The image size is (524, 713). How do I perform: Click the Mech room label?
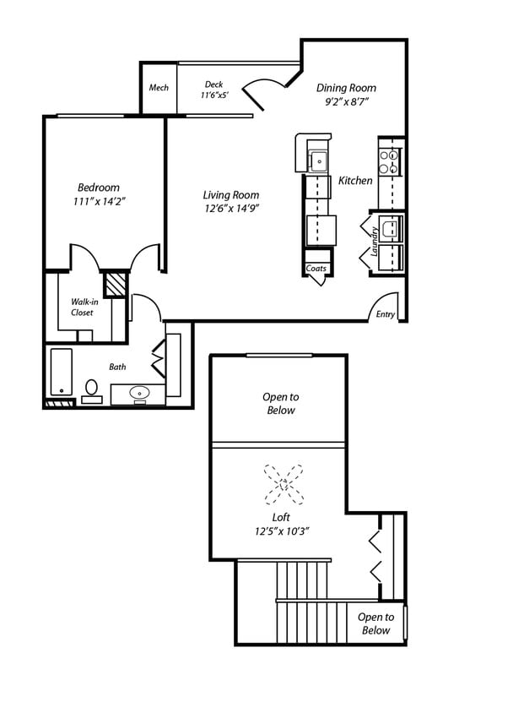coord(159,88)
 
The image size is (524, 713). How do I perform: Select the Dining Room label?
coord(346,88)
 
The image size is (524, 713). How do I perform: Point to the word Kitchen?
coord(355,181)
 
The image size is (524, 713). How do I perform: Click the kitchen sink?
coord(318,159)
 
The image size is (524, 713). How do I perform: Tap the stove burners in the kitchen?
coord(389,162)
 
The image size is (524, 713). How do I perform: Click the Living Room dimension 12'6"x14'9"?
coord(230,209)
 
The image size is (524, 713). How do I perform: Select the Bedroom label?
coord(99,188)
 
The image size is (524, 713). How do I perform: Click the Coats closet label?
coord(316,269)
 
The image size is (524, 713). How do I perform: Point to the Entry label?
coord(385,314)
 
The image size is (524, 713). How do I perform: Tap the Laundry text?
coord(374,241)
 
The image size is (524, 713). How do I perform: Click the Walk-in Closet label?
coord(82,307)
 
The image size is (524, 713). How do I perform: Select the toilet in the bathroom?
coord(91,389)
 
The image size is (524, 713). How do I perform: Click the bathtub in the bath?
coord(61,372)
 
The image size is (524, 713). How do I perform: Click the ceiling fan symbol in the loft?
coord(284,484)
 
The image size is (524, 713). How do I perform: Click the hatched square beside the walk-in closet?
coord(115,282)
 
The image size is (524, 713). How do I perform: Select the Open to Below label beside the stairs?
coord(375,623)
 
